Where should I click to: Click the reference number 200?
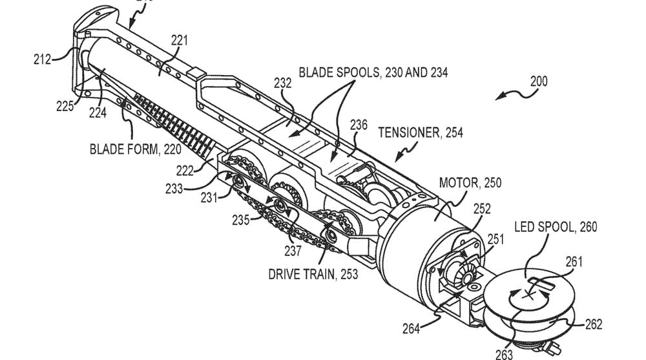tap(538, 81)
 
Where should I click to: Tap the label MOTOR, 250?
tap(470, 184)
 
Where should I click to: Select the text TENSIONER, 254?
tap(420, 132)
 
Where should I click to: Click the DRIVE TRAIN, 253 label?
tap(313, 274)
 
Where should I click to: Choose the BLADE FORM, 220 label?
tap(125, 150)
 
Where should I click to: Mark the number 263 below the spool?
tap(504, 353)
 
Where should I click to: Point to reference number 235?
tap(241, 220)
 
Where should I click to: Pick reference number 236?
tap(359, 125)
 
